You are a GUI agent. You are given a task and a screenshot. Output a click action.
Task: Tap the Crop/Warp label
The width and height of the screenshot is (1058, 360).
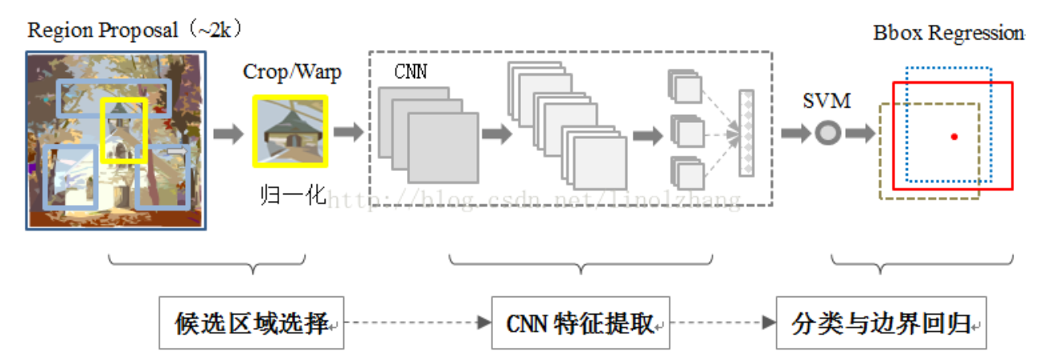292,72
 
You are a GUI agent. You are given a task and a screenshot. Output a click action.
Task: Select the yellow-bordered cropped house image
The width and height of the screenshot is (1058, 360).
290,131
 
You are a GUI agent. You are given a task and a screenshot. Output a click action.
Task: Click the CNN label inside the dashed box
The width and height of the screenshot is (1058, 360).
410,72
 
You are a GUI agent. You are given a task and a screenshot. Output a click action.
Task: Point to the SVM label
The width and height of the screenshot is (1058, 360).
827,101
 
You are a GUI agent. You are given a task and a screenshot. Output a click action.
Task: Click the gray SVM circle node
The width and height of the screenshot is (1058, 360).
827,133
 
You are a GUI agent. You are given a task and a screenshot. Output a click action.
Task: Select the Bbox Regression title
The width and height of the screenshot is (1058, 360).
948,34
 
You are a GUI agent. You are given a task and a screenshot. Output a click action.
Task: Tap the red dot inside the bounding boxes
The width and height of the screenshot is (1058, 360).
953,136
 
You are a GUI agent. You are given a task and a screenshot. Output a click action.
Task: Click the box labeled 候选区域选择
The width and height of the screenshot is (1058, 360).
251,323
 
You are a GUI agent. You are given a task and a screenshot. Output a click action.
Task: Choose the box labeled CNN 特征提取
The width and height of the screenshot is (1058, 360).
580,323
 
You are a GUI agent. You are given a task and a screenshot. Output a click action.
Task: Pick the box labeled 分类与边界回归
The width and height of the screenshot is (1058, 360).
881,323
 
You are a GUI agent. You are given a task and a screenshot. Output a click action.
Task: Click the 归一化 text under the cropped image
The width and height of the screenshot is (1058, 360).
293,195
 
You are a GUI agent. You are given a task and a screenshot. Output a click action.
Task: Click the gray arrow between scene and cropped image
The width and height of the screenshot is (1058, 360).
228,133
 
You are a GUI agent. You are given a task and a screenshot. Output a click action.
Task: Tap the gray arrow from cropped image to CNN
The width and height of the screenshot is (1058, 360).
348,133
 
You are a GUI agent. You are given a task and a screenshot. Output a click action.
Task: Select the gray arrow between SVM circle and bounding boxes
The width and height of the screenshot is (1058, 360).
859,133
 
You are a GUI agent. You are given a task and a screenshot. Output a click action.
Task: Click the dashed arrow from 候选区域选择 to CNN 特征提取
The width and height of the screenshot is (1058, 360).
416,323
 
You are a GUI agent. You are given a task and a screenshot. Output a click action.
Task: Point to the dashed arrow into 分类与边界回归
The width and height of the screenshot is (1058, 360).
723,323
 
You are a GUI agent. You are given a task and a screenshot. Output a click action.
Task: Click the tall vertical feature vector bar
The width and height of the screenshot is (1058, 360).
746,133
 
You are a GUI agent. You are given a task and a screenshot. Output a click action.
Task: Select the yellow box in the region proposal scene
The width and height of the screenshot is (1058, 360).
124,130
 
